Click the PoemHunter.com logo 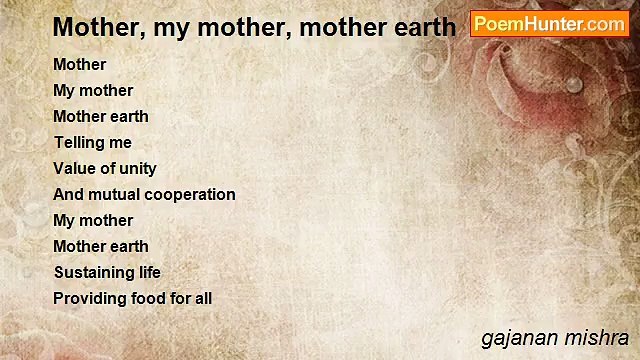[x=549, y=24]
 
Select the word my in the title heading [x=185, y=27]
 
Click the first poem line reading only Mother [x=79, y=64]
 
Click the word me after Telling [x=121, y=142]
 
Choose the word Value [x=76, y=168]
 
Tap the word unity [x=137, y=168]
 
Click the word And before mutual [x=69, y=194]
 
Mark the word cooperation [x=192, y=194]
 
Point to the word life [x=148, y=272]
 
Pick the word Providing [x=89, y=298]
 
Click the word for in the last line [x=180, y=298]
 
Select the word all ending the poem [x=203, y=298]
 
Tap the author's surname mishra [x=599, y=338]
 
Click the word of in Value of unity [x=108, y=168]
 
